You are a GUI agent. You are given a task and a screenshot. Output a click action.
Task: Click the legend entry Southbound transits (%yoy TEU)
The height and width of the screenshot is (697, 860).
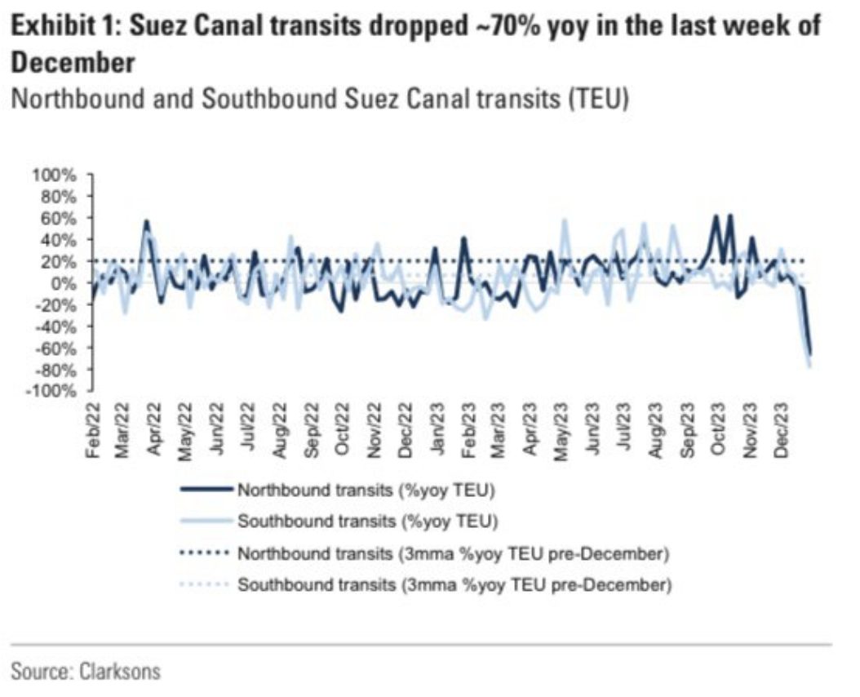[367, 522]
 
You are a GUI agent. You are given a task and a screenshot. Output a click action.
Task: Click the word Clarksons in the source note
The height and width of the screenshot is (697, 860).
[120, 672]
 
